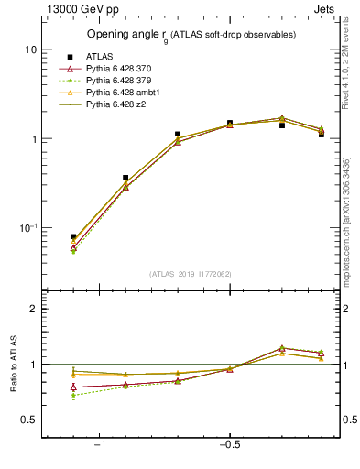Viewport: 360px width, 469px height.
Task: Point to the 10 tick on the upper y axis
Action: (30, 49)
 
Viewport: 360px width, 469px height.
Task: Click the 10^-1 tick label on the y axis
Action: (27, 228)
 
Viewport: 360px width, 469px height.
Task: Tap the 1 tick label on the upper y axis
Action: (34, 139)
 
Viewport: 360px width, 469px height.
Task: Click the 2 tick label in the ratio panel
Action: (34, 309)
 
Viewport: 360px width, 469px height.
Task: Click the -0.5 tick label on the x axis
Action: (228, 445)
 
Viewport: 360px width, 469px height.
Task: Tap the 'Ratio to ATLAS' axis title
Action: (13, 366)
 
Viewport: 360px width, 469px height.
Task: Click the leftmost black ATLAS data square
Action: (73, 237)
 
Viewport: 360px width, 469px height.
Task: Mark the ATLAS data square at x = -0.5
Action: (230, 123)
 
